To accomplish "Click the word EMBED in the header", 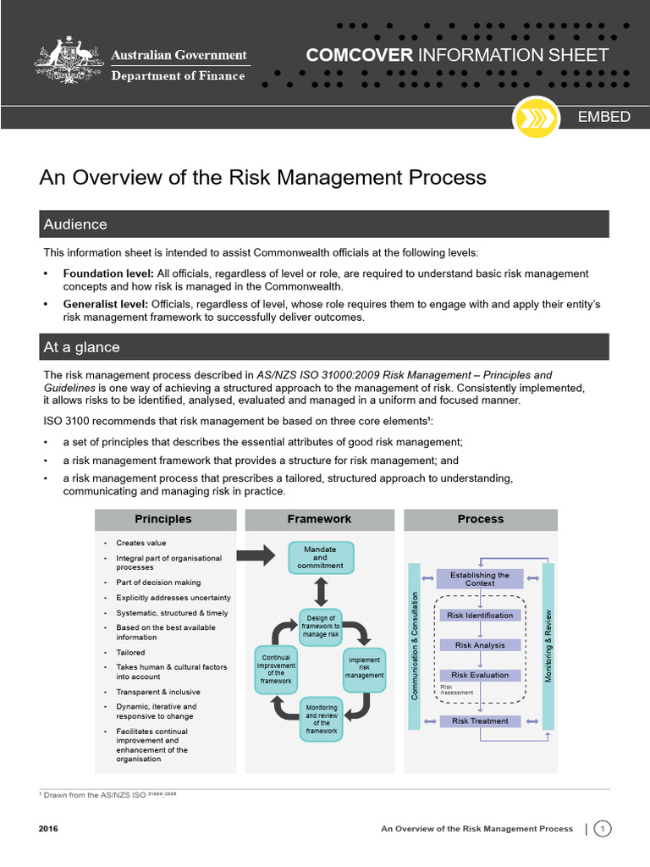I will point(603,117).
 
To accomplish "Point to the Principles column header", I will point(163,519).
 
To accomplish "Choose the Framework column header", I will point(319,519).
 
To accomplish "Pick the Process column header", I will point(480,519).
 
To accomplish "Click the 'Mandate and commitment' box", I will point(320,557).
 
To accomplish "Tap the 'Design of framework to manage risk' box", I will point(322,625).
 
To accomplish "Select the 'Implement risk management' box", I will point(364,667).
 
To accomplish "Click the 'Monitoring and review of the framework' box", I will point(322,718).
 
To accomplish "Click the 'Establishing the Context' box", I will point(480,579).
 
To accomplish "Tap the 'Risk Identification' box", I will point(480,616).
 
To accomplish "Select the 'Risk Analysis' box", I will point(480,645).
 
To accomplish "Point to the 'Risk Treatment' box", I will point(480,721).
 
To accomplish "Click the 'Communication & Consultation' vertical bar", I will point(415,646).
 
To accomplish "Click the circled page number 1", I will point(603,829).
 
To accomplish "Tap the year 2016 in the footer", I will point(48,829).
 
